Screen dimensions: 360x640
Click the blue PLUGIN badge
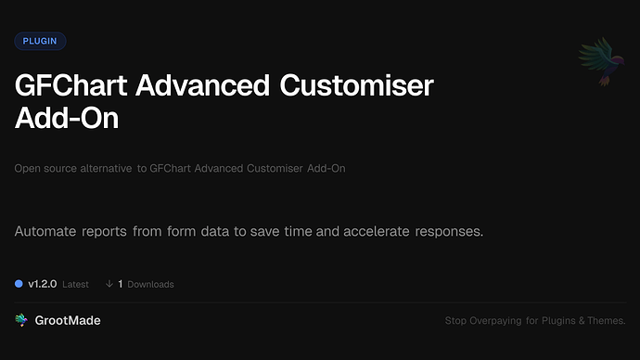click(x=40, y=41)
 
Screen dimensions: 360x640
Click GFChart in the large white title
click(x=73, y=87)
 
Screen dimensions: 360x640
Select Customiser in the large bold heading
click(x=358, y=87)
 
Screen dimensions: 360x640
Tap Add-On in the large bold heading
click(x=67, y=120)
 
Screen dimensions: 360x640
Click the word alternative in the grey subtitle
click(x=103, y=169)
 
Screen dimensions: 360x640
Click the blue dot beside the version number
click(x=19, y=284)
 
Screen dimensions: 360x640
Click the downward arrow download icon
click(x=109, y=284)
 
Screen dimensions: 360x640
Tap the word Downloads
click(x=150, y=284)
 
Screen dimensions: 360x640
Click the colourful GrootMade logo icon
click(x=21, y=320)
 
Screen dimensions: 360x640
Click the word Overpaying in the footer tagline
click(x=500, y=321)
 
